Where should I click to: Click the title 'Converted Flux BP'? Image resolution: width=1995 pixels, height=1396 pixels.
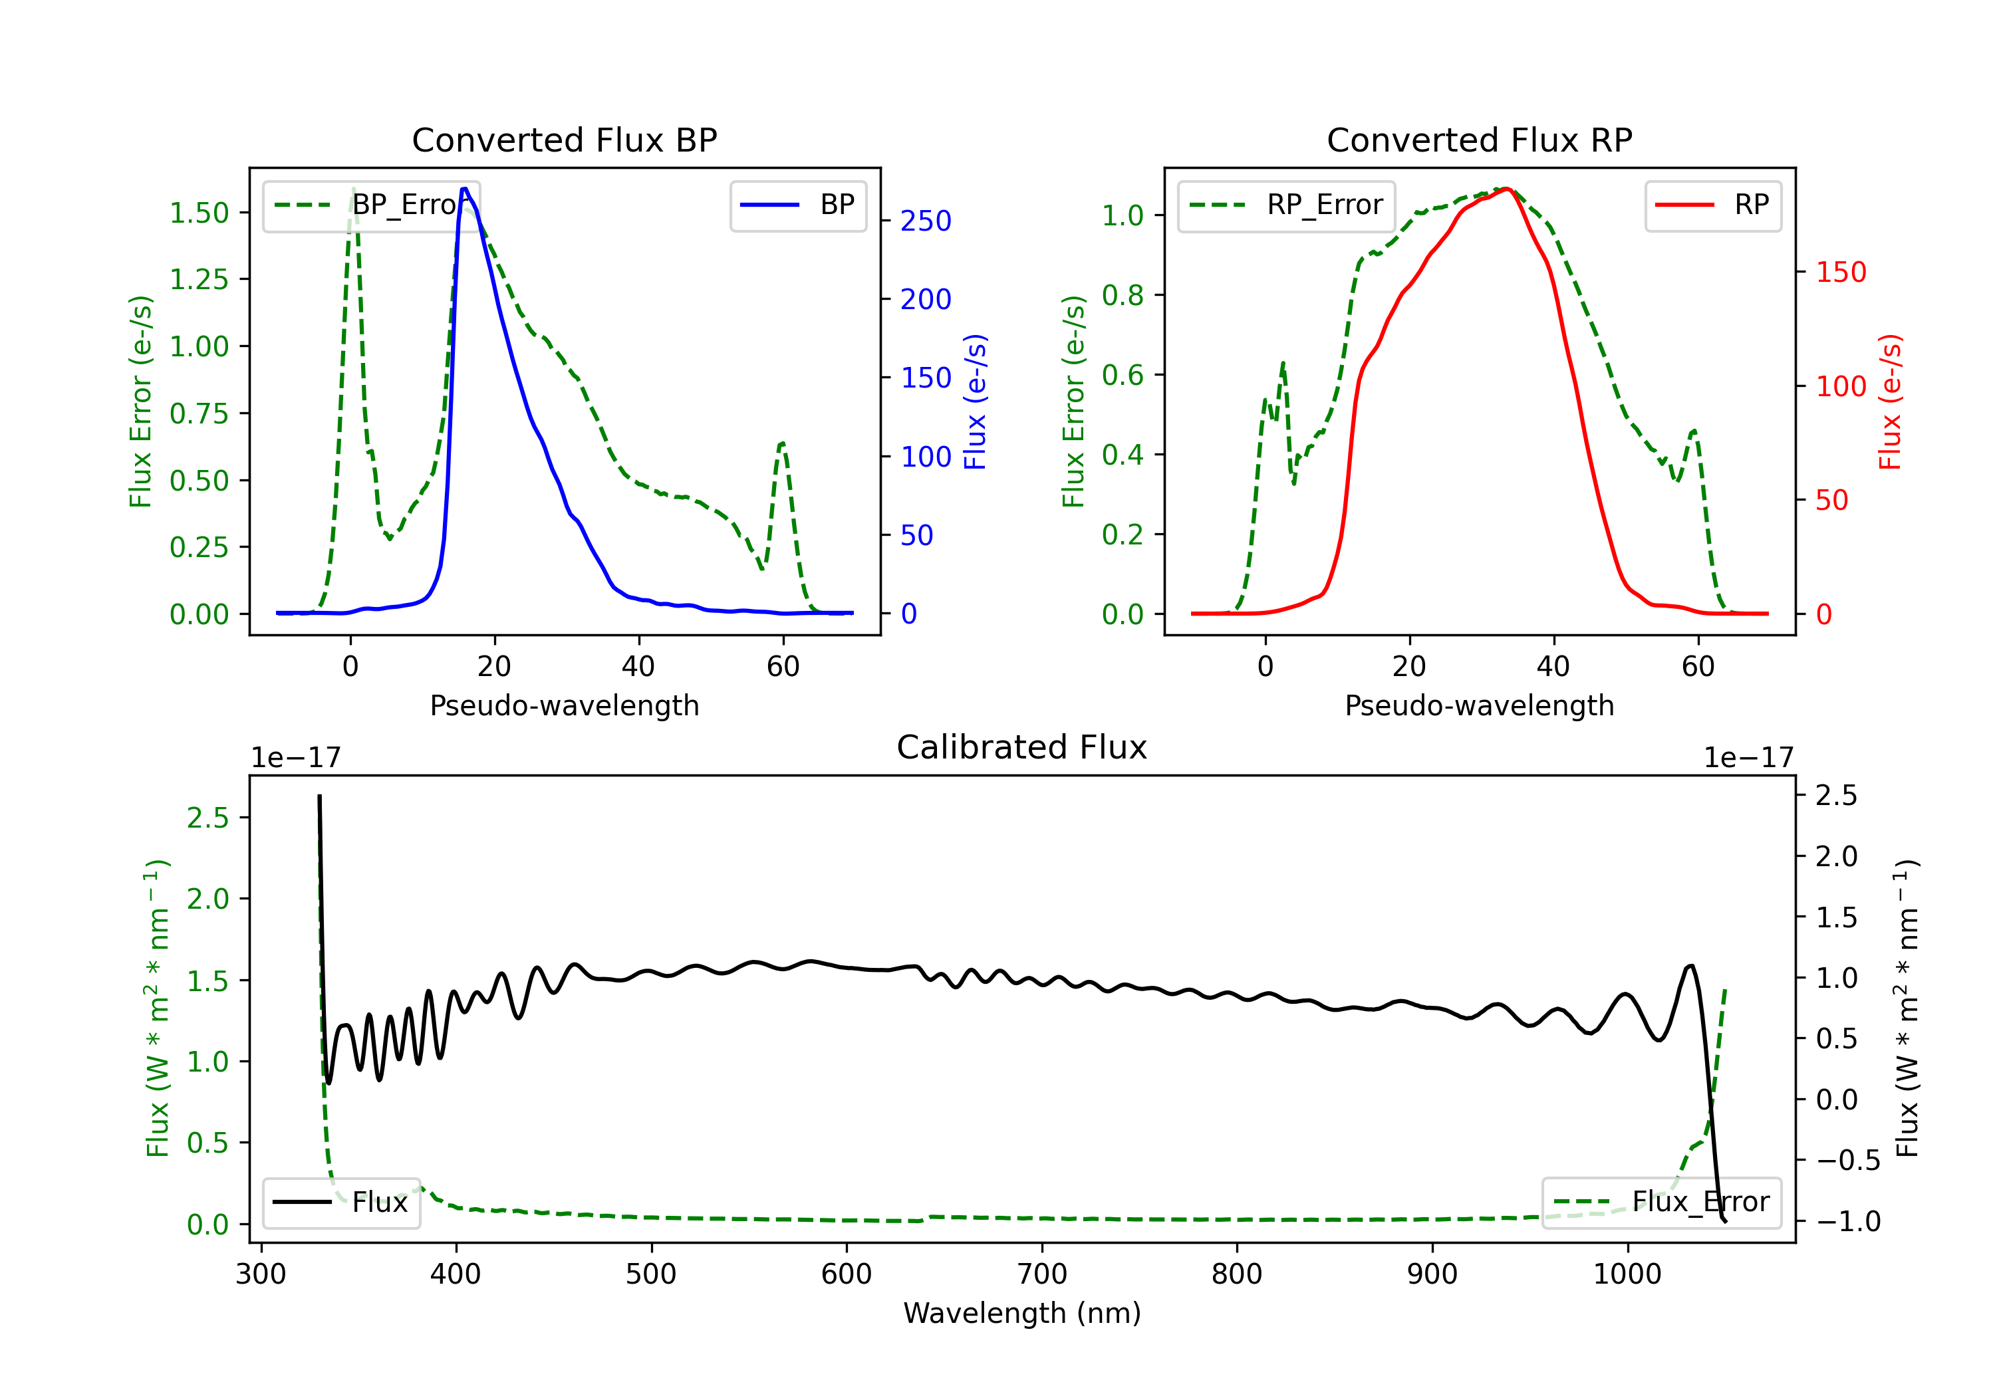[x=564, y=140]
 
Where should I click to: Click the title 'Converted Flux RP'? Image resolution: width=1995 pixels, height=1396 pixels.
[x=1479, y=140]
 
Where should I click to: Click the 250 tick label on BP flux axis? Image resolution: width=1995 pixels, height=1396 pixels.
[x=926, y=221]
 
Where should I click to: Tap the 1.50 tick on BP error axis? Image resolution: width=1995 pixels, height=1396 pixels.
[x=199, y=213]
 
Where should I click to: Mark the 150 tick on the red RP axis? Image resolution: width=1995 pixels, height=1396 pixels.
[x=1841, y=272]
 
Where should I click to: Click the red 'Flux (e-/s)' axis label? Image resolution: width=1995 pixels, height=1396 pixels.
[x=1891, y=402]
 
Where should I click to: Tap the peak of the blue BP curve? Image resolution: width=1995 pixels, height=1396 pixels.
[x=465, y=189]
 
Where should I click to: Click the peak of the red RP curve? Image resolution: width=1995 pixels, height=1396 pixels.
[x=1507, y=189]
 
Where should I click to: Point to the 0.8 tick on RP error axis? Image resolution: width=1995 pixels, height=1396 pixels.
[x=1122, y=295]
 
